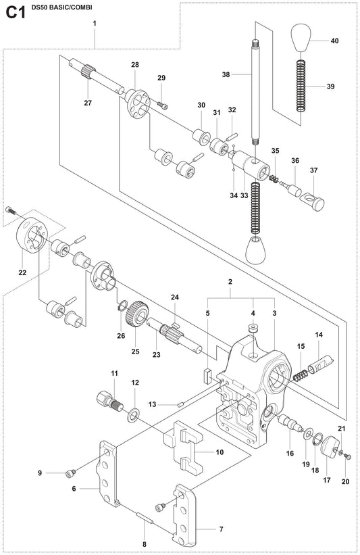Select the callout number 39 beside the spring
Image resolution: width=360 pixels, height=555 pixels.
pos(330,87)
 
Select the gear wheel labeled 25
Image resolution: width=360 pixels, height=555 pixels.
pos(139,314)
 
